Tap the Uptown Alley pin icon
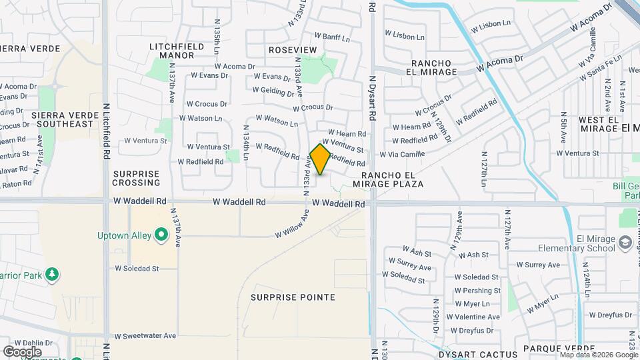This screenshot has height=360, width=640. point(161,235)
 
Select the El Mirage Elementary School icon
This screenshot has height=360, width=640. point(625,244)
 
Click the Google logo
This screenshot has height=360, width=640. point(22,351)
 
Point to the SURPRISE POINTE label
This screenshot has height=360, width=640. point(293,297)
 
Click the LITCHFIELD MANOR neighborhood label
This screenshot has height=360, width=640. point(172,50)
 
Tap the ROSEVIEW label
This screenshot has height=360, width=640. point(293,50)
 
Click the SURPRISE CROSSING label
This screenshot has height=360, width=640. point(136,178)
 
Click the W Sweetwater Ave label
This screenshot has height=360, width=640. point(145,336)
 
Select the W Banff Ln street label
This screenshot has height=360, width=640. point(331,37)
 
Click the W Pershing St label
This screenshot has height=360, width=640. point(477,291)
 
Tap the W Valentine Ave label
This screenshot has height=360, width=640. point(477,317)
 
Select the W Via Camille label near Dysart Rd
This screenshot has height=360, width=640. point(402,155)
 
